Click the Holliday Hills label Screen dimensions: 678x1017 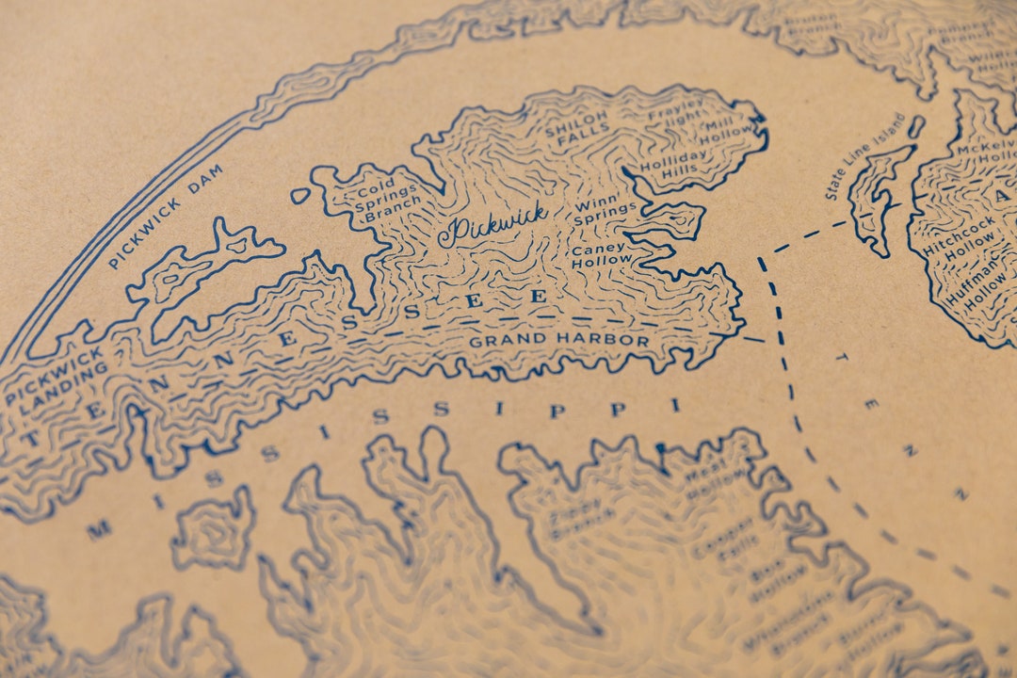672,162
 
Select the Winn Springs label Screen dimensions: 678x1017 605,214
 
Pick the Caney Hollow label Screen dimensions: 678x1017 601,254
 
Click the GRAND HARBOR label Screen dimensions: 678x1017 559,341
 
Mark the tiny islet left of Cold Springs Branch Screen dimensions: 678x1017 300,196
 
